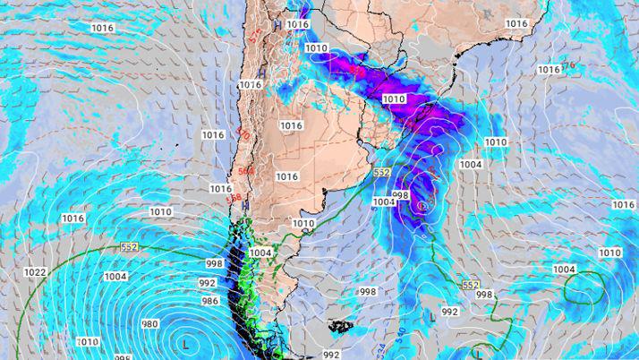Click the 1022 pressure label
point(36,272)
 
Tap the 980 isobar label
point(149,324)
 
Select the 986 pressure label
point(209,301)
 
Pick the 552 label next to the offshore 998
point(471,285)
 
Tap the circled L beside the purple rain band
point(422,205)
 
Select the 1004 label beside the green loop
point(564,270)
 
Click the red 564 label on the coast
point(245,171)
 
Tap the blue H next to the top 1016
point(277,24)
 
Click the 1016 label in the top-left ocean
point(102,28)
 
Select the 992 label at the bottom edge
point(331,355)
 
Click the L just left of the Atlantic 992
point(432,315)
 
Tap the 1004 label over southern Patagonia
point(260,253)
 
